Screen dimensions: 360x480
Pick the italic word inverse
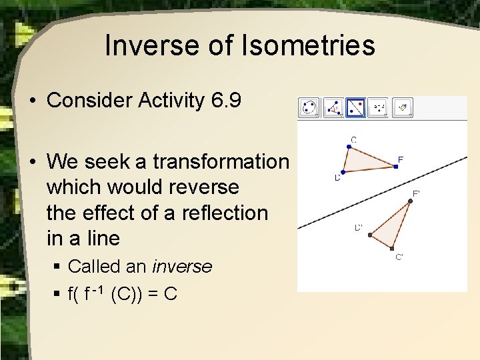point(182,267)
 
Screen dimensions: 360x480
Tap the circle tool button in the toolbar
point(309,107)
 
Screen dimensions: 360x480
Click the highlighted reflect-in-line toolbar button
point(356,107)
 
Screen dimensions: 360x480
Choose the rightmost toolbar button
point(403,107)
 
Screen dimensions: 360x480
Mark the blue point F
point(396,166)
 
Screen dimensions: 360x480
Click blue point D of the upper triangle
point(341,171)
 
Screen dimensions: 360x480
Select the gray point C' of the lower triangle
point(392,248)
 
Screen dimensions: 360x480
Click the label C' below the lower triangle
point(399,257)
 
